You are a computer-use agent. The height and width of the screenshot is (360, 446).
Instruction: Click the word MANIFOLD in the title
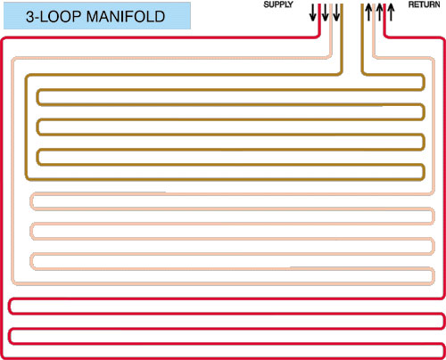click(126, 16)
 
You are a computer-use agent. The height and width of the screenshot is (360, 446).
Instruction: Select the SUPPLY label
click(278, 4)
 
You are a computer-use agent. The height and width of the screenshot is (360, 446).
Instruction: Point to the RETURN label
click(425, 4)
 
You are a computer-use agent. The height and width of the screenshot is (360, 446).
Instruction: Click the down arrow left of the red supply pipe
click(313, 12)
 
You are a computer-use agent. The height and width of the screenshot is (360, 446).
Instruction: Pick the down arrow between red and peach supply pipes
click(325, 12)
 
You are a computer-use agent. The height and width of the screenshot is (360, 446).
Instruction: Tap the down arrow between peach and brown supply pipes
click(336, 12)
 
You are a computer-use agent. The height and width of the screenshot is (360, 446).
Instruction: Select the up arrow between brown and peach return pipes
click(368, 12)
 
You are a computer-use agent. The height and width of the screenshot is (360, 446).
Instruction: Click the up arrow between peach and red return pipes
click(380, 12)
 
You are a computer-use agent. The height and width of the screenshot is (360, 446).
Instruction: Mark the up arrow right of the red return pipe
click(391, 12)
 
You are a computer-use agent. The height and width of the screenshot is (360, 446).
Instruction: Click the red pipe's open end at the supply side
click(319, 4)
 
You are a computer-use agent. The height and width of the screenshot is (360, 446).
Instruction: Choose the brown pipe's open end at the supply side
click(342, 4)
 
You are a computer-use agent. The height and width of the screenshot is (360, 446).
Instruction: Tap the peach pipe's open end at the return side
click(374, 4)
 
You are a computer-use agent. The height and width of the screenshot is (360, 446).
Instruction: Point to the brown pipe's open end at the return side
click(363, 4)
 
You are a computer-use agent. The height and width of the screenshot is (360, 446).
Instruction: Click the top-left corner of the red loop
click(3, 39)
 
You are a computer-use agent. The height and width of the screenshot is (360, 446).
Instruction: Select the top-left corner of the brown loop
click(27, 76)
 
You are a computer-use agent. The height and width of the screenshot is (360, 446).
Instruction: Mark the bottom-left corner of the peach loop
click(13, 282)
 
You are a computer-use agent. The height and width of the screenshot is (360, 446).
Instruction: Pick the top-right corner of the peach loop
click(433, 59)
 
